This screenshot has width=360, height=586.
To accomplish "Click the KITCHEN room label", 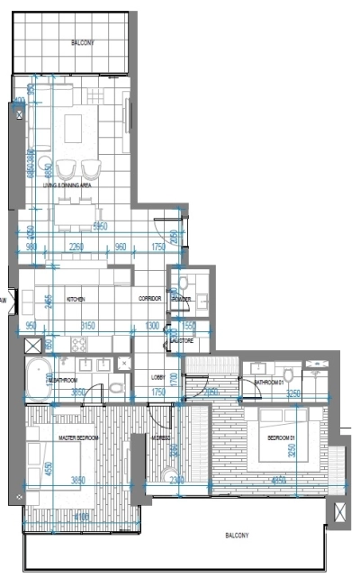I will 76,299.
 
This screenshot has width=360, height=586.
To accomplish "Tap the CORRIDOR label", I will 148,299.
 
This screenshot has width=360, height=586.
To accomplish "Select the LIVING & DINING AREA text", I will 80,185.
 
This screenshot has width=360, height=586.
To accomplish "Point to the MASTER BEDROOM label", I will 78,437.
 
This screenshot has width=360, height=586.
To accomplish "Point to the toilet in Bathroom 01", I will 287,374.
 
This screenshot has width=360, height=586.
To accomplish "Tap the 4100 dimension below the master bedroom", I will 82,518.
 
